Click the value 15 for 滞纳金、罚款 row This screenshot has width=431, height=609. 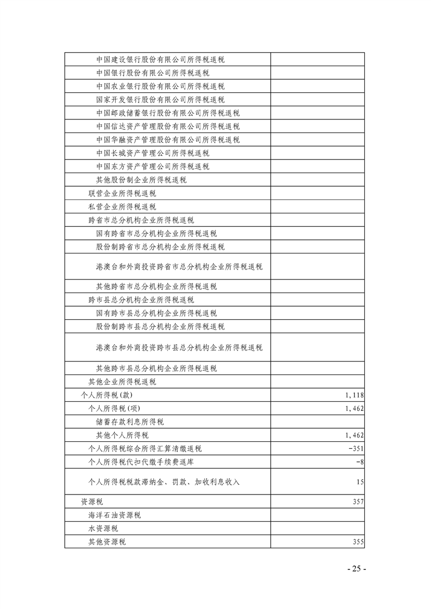[x=360, y=481]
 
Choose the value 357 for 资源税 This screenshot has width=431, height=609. [x=358, y=502]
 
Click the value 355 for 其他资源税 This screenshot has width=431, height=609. [x=358, y=542]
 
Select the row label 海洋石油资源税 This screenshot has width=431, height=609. [x=115, y=515]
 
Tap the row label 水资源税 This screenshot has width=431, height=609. [x=104, y=528]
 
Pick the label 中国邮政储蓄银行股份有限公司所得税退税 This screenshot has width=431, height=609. [x=168, y=113]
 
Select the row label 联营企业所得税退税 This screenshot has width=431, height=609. [x=122, y=193]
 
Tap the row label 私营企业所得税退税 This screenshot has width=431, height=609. [x=122, y=206]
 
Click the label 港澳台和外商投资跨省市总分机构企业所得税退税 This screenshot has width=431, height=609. [x=179, y=267]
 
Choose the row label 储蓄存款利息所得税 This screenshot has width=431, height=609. [x=130, y=422]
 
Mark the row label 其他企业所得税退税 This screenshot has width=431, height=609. [x=122, y=382]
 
